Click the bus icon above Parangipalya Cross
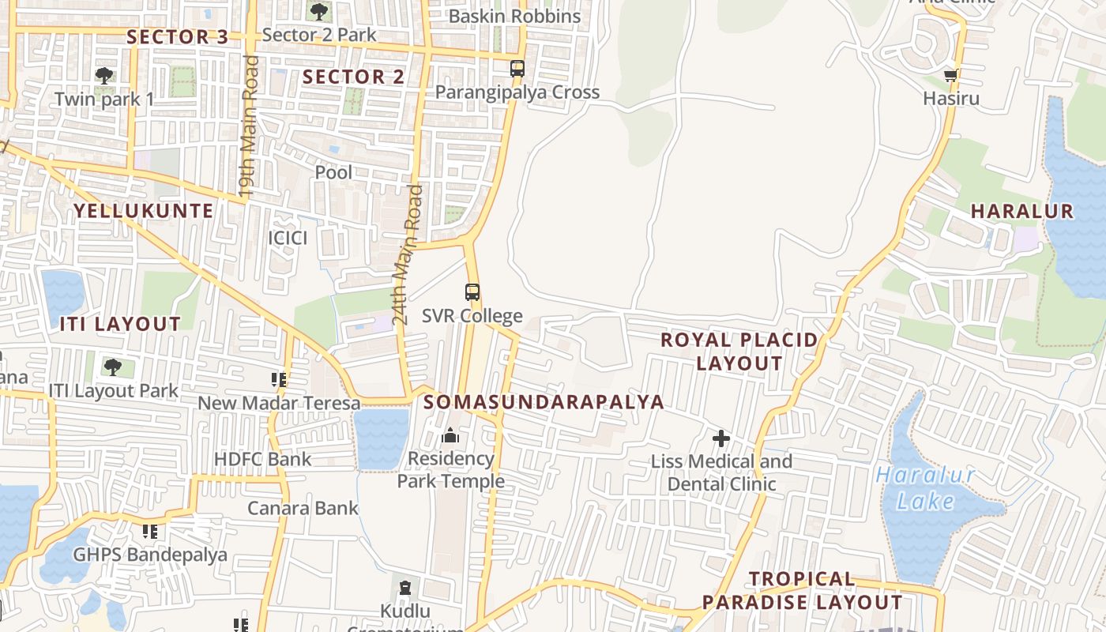517,69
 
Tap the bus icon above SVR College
472,292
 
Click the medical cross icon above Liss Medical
720,438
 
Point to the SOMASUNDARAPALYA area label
544,402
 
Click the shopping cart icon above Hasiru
951,77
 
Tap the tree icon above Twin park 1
103,76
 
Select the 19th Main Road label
250,126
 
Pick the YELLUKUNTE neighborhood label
144,211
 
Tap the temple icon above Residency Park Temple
450,435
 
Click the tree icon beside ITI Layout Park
112,367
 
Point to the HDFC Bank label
263,459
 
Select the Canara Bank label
303,508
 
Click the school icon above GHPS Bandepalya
149,532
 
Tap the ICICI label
288,238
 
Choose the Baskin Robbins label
514,17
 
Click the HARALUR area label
1021,212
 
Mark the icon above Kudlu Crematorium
405,588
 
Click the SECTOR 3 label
178,37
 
